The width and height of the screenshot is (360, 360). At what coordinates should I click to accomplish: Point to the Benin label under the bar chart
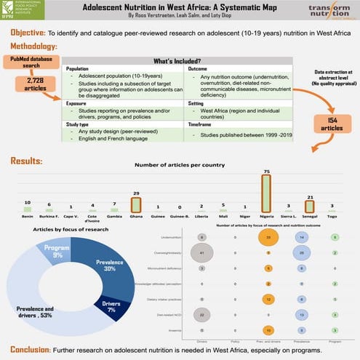[x=27, y=217]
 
